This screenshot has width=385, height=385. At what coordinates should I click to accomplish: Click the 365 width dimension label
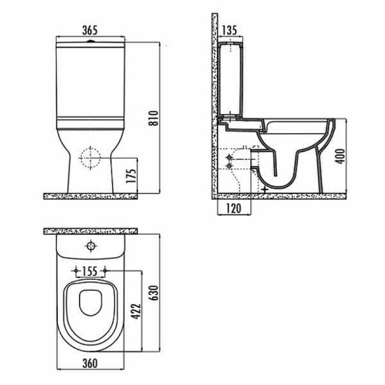[x=90, y=30]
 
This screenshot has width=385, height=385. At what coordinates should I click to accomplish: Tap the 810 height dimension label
[x=155, y=118]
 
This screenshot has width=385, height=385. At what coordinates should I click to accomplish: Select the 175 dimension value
[x=131, y=175]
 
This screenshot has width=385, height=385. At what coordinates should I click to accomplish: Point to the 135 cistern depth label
[x=229, y=30]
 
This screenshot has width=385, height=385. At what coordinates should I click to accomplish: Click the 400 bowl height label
[x=341, y=157]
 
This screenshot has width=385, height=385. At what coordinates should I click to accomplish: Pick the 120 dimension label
[x=233, y=208]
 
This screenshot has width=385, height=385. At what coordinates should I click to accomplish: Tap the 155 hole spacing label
[x=90, y=271]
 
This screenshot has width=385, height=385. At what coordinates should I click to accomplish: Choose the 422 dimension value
[x=136, y=311]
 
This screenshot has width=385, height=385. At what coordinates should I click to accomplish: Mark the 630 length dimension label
[x=155, y=293]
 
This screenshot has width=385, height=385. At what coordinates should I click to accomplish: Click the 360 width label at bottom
[x=90, y=363]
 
